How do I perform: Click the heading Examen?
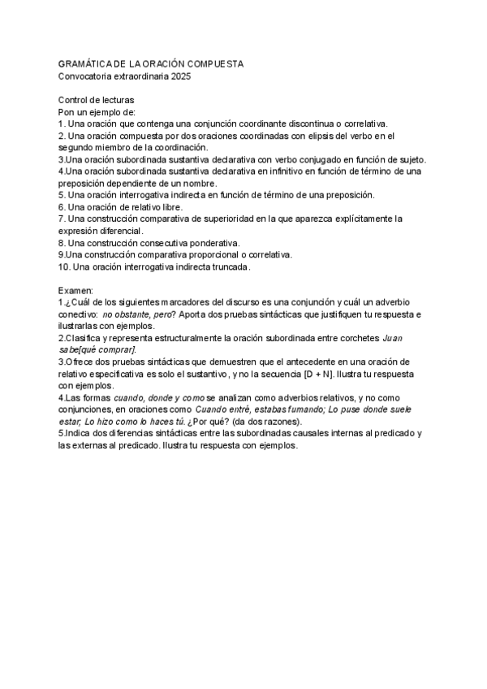[76, 290]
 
